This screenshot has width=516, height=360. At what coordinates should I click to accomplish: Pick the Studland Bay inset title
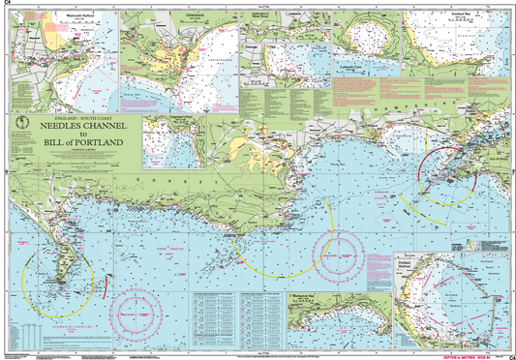coord(443,15)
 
